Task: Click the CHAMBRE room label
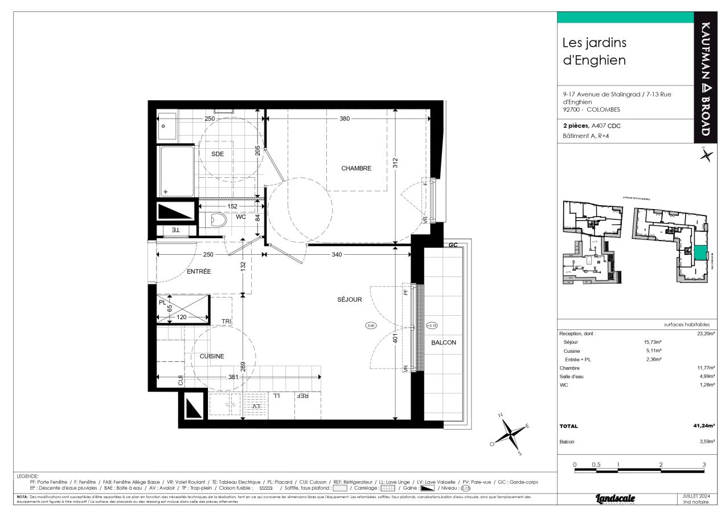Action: [x=356, y=168]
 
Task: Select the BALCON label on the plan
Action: [x=443, y=343]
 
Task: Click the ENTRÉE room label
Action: [x=199, y=272]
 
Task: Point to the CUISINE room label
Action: [x=211, y=356]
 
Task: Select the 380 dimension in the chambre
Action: [x=345, y=119]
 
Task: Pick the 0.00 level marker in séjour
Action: [x=371, y=325]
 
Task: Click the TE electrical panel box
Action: [x=175, y=230]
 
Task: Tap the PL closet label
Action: [x=162, y=303]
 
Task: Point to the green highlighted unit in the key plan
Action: [x=698, y=254]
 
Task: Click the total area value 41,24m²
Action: [x=704, y=426]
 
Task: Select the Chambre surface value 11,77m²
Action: [x=704, y=368]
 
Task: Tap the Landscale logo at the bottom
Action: [x=615, y=499]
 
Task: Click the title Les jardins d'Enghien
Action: [x=594, y=51]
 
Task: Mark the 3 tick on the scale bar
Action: [x=704, y=465]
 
